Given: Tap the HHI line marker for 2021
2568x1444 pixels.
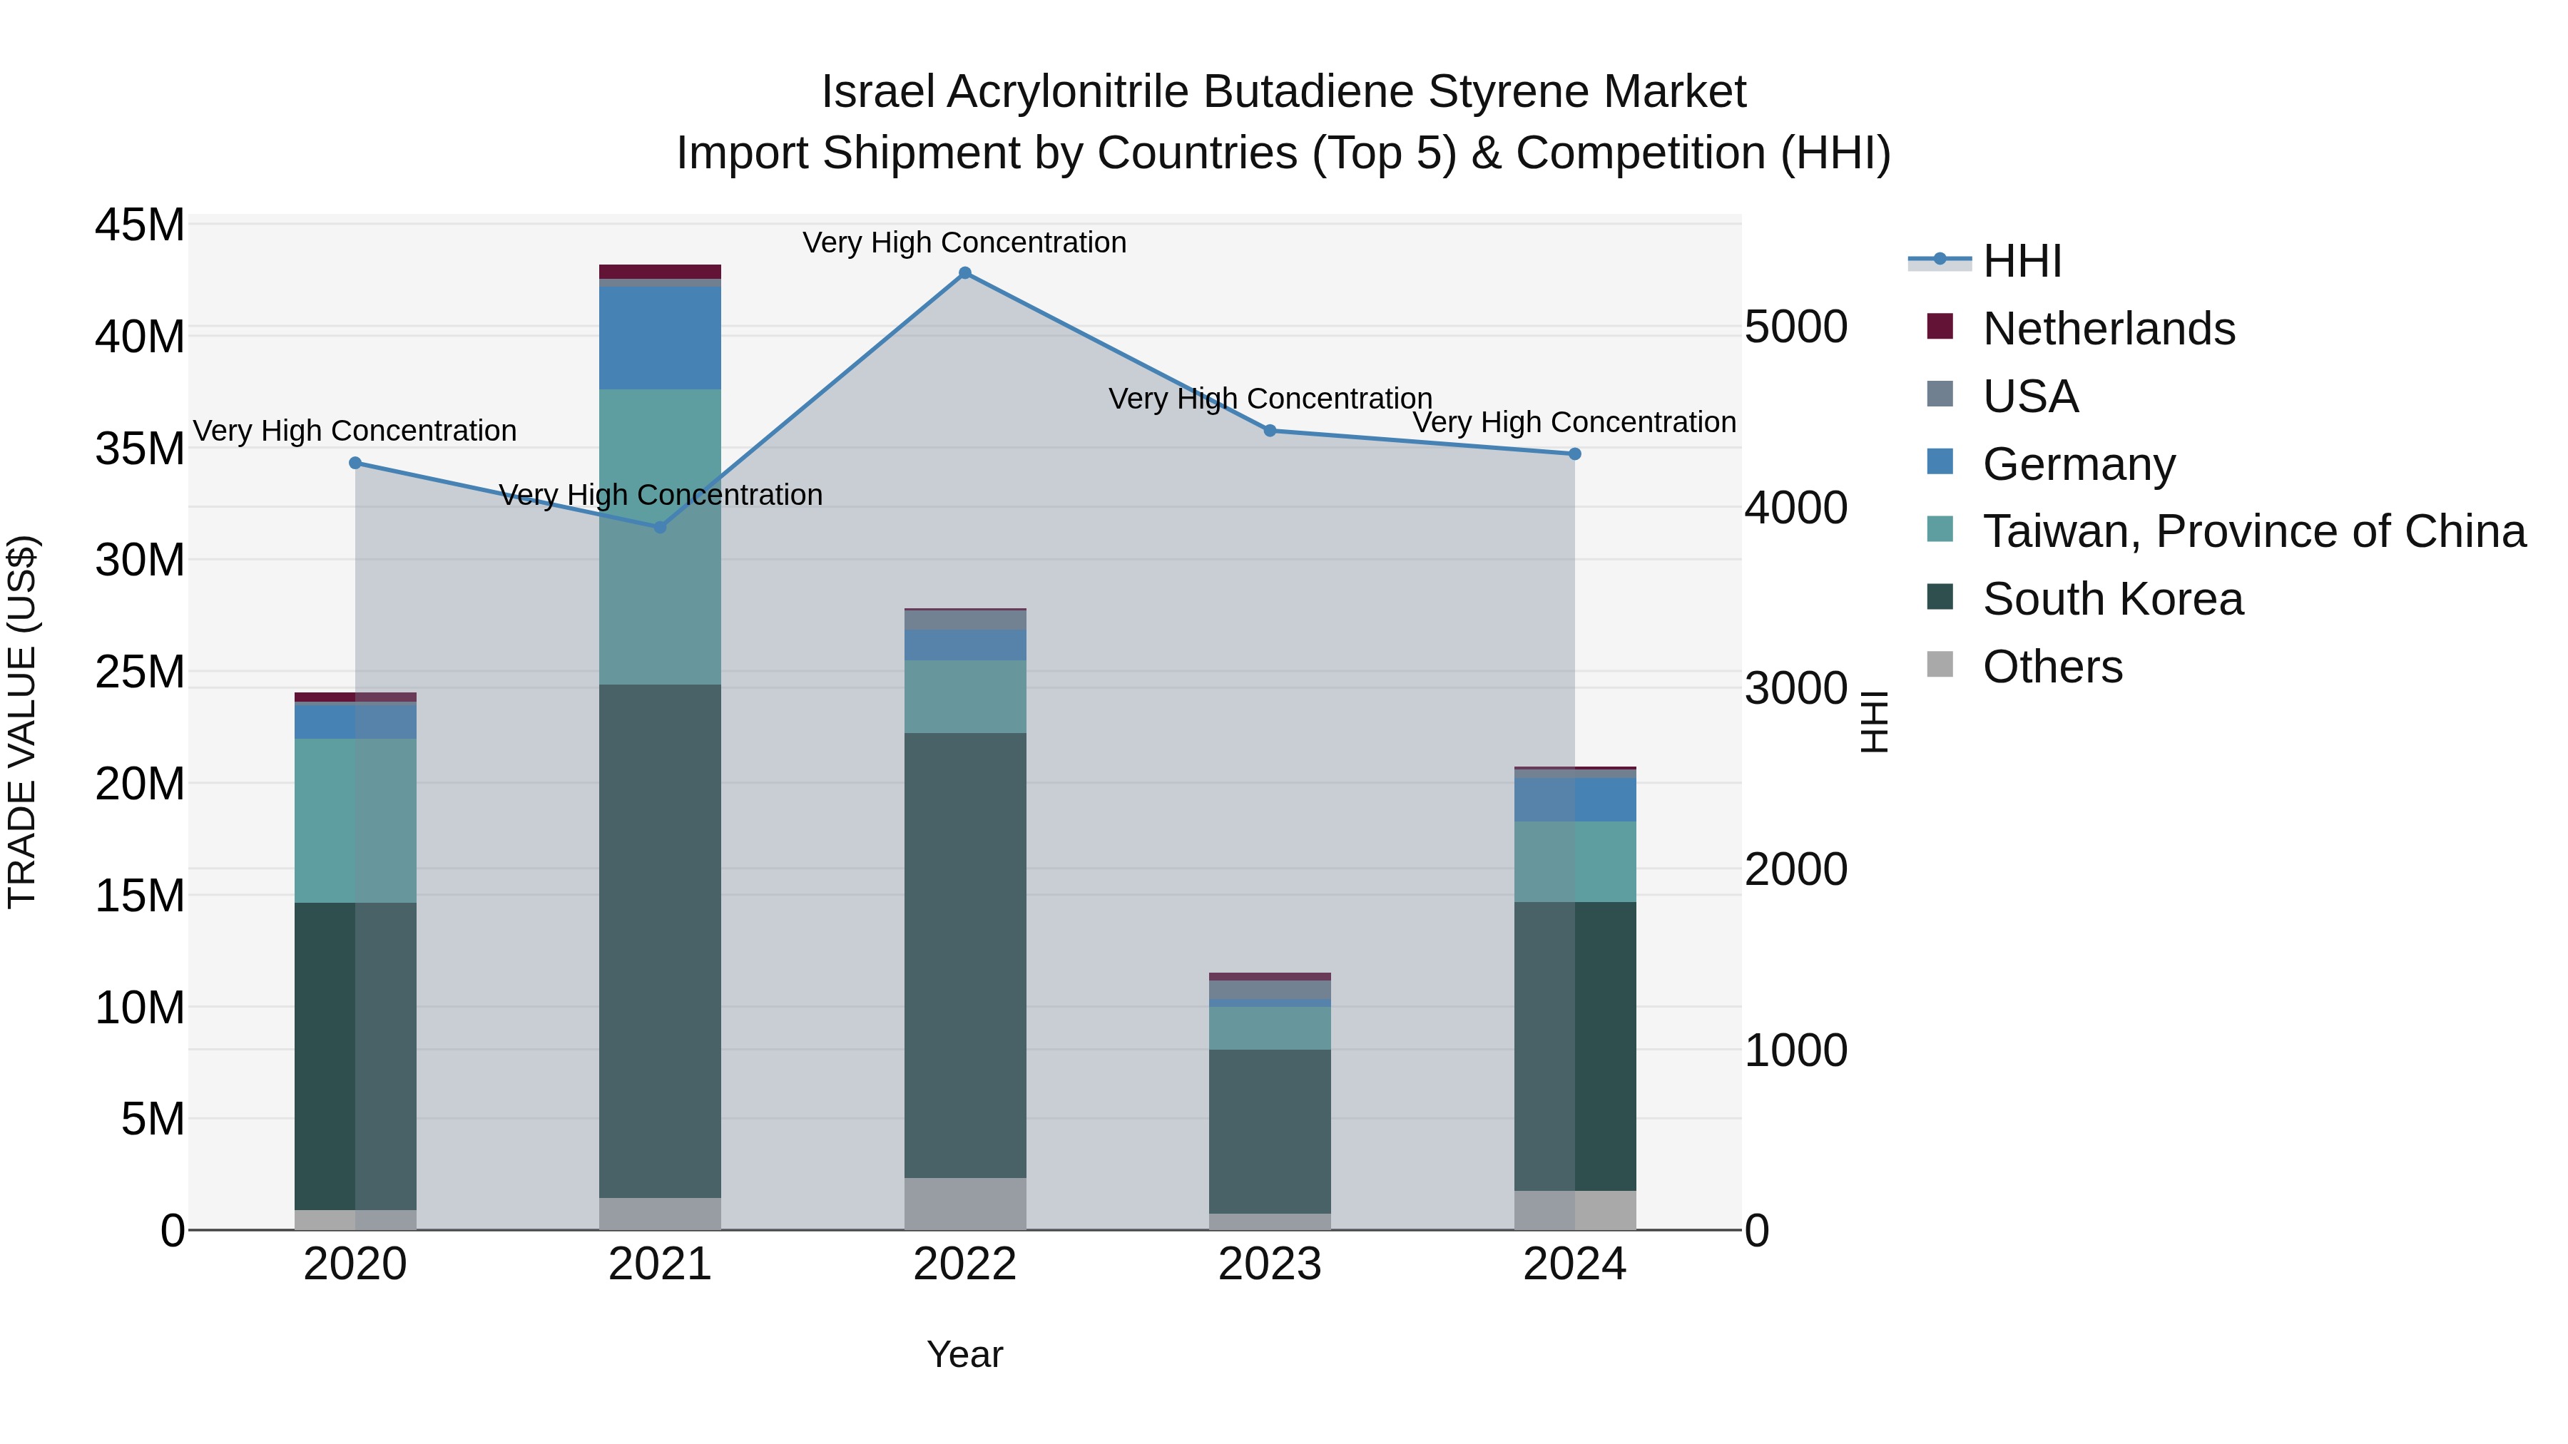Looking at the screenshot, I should coord(660,527).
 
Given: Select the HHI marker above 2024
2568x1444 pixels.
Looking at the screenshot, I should coord(1575,454).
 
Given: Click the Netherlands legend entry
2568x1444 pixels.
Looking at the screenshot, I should coord(2109,329).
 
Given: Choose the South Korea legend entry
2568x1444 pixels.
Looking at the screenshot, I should coord(2112,599).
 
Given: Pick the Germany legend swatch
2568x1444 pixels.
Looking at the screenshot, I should coord(1940,462).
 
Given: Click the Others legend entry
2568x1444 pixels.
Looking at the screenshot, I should coord(2052,667).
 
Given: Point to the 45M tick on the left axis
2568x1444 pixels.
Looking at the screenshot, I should coord(140,225).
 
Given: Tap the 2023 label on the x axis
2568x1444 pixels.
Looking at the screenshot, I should coord(1269,1264).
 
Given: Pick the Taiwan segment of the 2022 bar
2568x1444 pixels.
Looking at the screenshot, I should coord(965,697).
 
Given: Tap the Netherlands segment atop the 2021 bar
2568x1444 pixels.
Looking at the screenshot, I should coord(660,272).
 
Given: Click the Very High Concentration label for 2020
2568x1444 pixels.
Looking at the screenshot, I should coord(355,431).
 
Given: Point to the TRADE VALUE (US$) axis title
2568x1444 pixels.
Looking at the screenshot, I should coord(22,722).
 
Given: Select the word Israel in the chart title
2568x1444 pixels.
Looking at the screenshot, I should coord(877,92).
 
